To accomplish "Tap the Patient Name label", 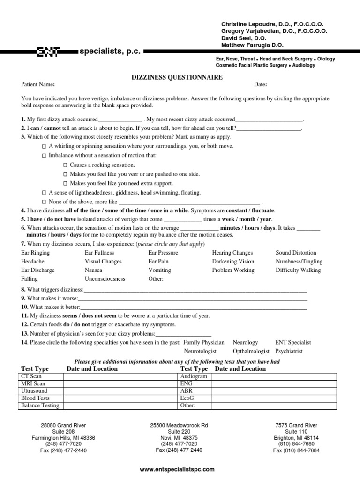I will pyautogui.click(x=38, y=85).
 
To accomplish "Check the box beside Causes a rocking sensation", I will pyautogui.click(x=65, y=165).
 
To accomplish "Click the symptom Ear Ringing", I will pyautogui.click(x=36, y=253).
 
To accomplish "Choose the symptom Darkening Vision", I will pyautogui.click(x=233, y=262).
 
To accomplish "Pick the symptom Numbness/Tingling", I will pyautogui.click(x=298, y=262).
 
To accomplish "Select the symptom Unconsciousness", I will pyautogui.click(x=105, y=279).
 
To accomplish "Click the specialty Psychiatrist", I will pyautogui.click(x=289, y=351).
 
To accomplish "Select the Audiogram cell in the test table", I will pyautogui.click(x=194, y=376).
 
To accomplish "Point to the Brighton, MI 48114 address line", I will pyautogui.click(x=296, y=438).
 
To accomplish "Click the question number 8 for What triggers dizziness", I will pyautogui.click(x=23, y=290).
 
